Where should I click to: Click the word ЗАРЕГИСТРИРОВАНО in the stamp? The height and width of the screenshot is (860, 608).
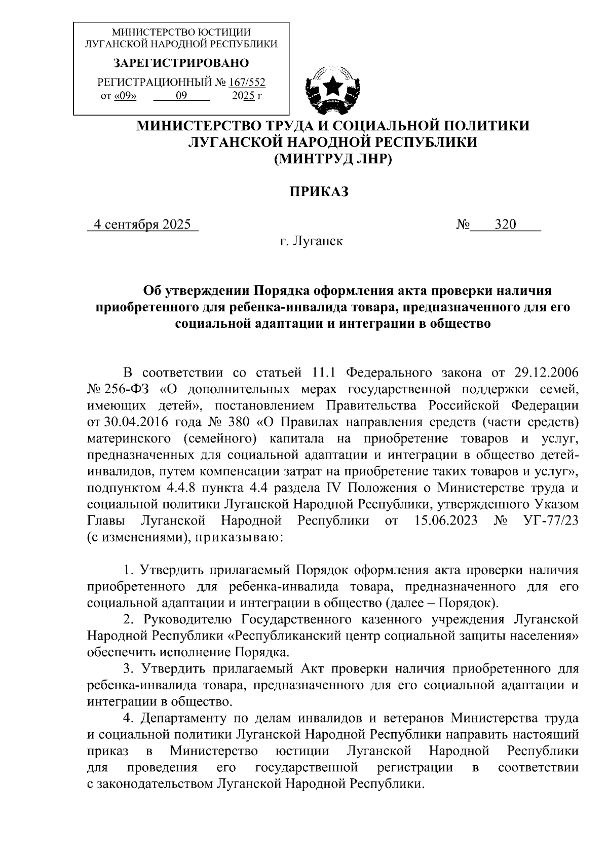pyautogui.click(x=181, y=63)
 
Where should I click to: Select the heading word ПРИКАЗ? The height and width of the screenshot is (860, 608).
pyautogui.click(x=319, y=192)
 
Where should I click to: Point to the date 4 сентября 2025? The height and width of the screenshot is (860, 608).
pyautogui.click(x=142, y=225)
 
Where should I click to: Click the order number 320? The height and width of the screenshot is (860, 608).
pyautogui.click(x=505, y=225)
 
